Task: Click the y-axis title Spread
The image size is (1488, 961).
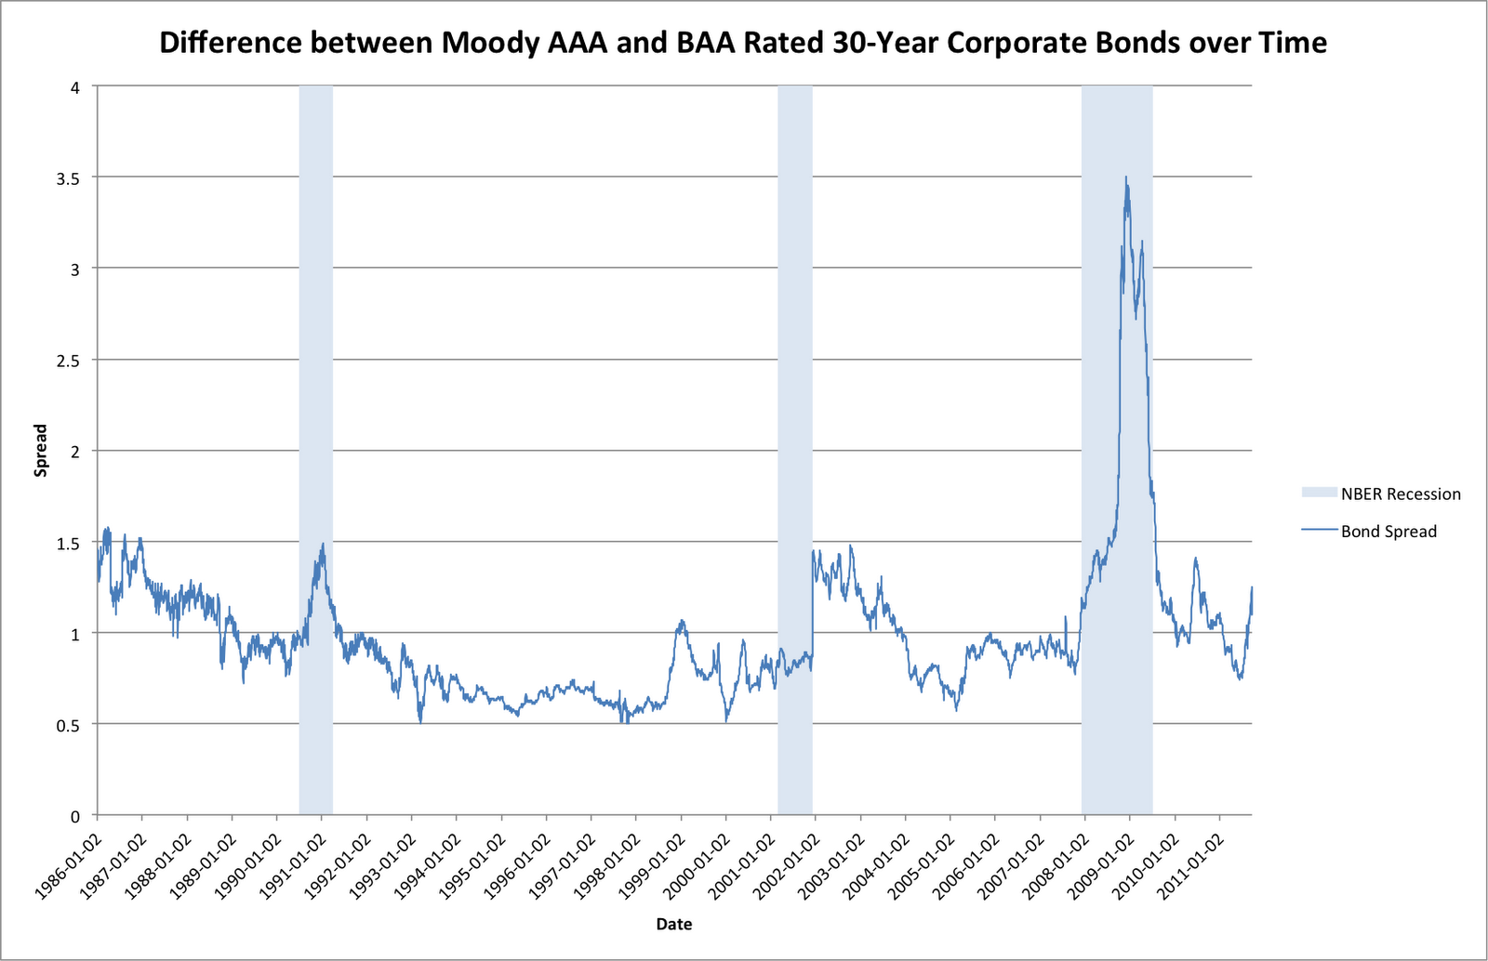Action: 41,450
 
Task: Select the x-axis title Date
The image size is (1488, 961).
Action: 673,924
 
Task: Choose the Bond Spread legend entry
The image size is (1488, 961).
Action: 1388,532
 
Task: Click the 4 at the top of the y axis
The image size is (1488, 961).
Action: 76,87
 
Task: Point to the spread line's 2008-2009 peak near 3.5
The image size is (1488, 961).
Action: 1126,178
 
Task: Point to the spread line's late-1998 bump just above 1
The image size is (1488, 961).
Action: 682,622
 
